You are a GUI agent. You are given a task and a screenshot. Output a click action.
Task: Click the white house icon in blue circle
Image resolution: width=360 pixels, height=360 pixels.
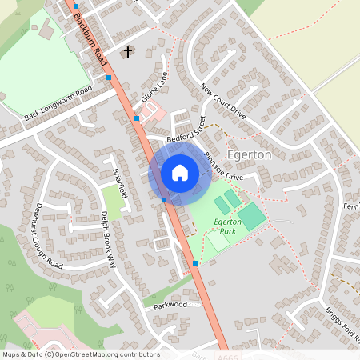(x=180, y=173)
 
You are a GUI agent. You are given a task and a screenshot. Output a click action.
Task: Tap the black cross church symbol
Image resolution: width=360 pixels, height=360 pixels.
(x=127, y=52)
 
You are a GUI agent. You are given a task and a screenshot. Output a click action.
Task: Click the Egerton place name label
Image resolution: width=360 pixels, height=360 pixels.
(x=250, y=154)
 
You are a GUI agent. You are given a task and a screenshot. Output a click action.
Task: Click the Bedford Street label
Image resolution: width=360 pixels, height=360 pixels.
(x=186, y=130)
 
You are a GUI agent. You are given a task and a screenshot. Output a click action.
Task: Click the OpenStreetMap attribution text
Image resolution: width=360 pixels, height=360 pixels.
(x=80, y=354)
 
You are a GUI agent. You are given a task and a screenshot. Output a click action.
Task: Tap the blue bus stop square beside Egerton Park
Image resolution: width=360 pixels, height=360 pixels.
(x=194, y=262)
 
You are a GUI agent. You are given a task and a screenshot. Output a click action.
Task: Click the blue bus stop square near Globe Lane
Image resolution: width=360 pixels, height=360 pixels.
(x=137, y=118)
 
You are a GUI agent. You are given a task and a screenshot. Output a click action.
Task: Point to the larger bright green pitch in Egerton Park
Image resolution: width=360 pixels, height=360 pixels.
(x=252, y=216)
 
